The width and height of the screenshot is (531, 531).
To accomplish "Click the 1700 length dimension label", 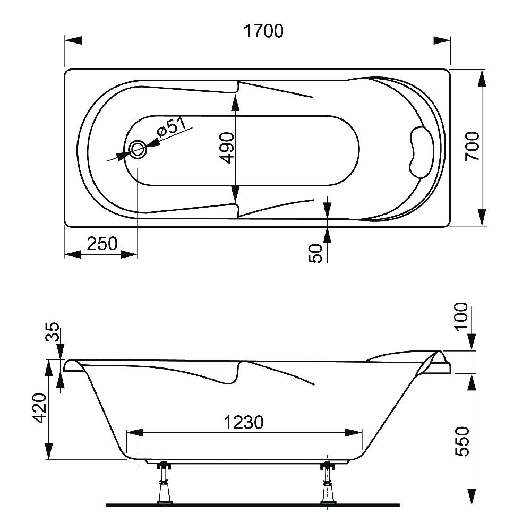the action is pos(263,31).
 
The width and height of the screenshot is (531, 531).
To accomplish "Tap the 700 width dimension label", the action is pos(472,147).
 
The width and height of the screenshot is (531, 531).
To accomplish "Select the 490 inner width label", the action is pos(227,148).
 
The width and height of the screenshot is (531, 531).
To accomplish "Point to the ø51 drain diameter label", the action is pos(172,127).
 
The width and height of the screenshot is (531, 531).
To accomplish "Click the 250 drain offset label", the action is pos(102,244).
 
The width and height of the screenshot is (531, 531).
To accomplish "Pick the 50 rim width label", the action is pos(315,253).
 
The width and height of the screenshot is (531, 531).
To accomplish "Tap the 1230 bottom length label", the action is pos(244,423).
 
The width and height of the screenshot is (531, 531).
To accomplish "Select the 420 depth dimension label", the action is pos(40,408).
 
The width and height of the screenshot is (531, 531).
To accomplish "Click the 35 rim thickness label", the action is pos(53,332).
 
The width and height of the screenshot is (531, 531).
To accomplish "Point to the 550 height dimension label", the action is pos(463,441).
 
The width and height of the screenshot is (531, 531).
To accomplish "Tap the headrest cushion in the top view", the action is pos(421,152).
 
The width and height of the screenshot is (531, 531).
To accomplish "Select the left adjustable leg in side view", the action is pos(164,483).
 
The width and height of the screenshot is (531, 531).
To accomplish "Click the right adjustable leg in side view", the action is pos(328,483).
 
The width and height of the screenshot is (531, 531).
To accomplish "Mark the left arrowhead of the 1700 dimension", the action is pos(73,40).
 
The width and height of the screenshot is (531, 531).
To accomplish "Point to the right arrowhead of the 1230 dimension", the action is pos(353,432).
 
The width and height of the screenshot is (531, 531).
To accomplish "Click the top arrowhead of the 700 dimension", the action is pos(482,79).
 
